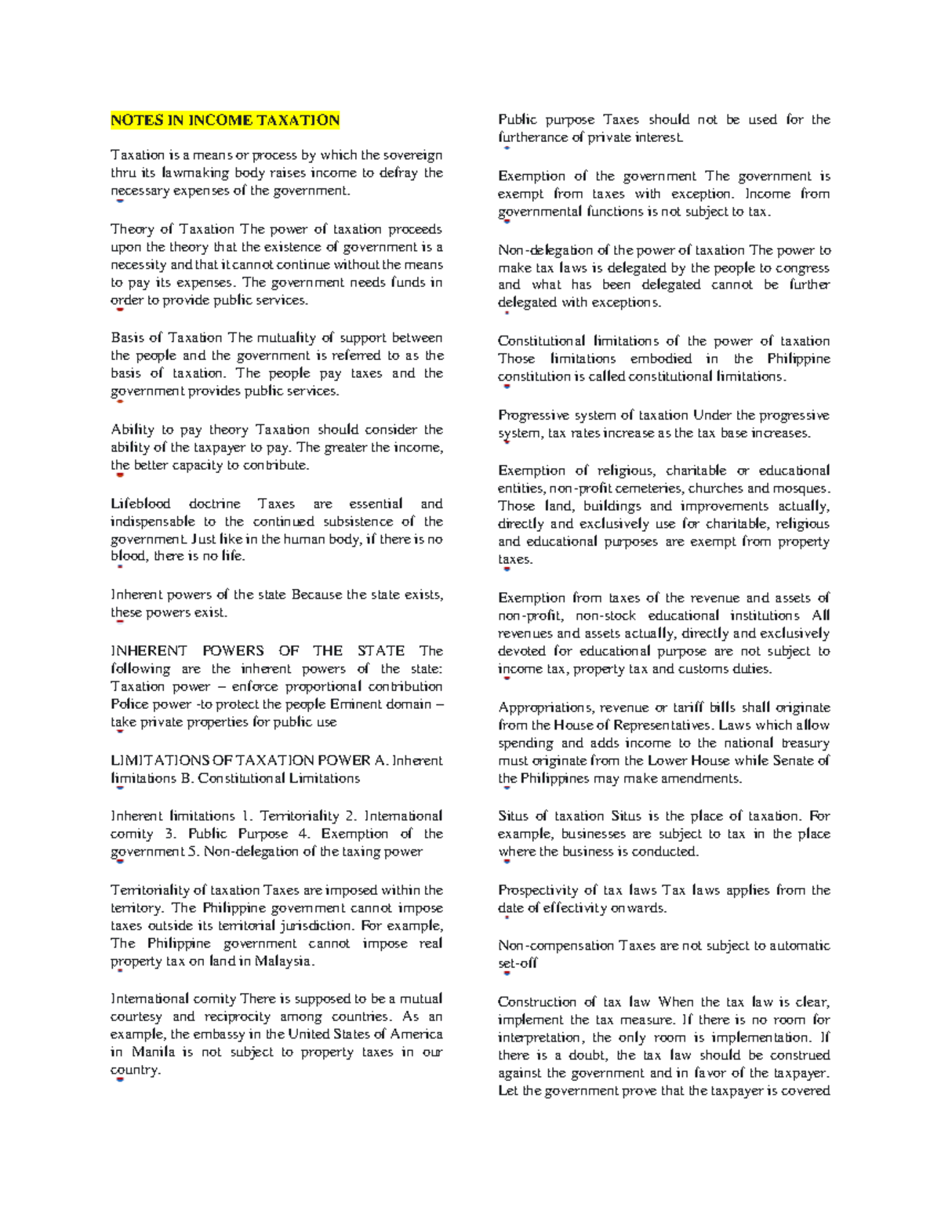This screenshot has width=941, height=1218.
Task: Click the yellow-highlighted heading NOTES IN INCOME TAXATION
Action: pyautogui.click(x=225, y=120)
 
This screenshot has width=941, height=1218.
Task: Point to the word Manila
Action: pyautogui.click(x=153, y=1052)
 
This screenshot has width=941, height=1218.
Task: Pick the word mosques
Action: pyautogui.click(x=801, y=488)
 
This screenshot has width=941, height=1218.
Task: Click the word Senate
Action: pyautogui.click(x=792, y=760)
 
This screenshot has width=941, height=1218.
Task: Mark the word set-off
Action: pyautogui.click(x=518, y=963)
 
